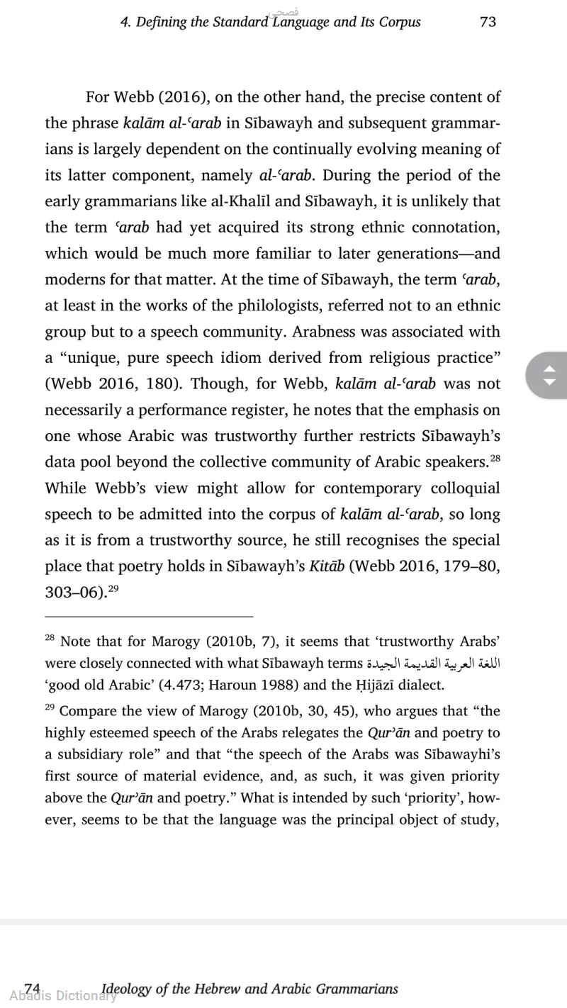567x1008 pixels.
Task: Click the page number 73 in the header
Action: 488,22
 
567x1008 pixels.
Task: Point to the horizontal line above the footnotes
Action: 149,617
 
